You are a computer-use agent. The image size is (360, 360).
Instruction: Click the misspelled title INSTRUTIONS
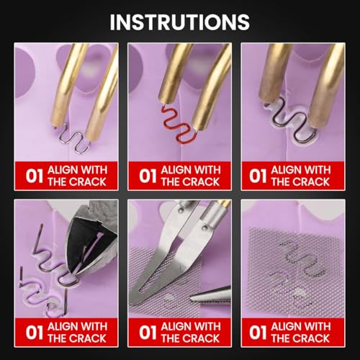pos(180,22)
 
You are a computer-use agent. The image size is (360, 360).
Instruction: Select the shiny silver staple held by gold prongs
pos(72,139)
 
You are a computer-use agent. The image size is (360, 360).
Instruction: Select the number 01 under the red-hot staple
pos(148,176)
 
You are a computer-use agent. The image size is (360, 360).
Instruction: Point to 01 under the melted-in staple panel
pos(258,176)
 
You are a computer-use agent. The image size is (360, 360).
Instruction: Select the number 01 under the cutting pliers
pos(35,333)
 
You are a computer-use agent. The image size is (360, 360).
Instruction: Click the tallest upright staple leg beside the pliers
pos(38,240)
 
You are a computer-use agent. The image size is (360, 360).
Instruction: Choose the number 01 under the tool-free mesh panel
pos(258,333)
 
